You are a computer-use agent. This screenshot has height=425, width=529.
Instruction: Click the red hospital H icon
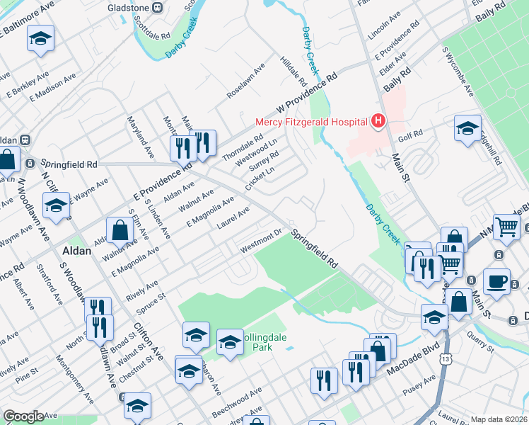click(x=378, y=121)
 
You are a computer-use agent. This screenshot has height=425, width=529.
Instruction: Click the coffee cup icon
click(x=496, y=280)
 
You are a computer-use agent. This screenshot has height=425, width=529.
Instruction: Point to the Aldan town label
click(x=76, y=251)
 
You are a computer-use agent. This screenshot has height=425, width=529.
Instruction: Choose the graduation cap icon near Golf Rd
click(x=467, y=128)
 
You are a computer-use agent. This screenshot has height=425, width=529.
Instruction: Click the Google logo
click(x=23, y=416)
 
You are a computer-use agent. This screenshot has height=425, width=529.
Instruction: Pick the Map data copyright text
click(x=499, y=419)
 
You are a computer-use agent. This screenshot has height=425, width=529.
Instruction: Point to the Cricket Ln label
click(x=259, y=175)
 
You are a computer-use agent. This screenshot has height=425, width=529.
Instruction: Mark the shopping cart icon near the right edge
click(x=506, y=227)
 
